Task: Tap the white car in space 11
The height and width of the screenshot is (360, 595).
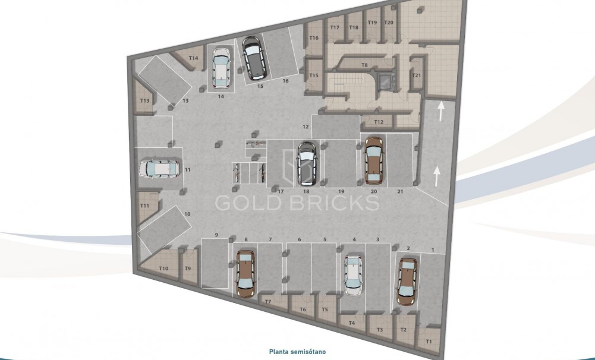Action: tap(159, 169)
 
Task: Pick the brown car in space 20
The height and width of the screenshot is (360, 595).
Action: tap(373, 159)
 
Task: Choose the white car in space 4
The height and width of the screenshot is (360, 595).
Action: tap(354, 274)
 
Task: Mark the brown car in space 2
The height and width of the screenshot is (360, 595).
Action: tap(407, 280)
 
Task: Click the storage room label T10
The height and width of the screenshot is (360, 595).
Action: tap(164, 269)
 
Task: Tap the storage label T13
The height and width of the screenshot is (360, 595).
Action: tap(144, 101)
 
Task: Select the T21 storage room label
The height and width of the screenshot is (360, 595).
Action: tap(417, 75)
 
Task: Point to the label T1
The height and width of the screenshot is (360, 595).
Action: tap(429, 342)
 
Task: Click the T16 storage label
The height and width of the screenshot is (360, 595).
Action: tap(314, 38)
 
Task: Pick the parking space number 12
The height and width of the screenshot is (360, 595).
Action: tap(306, 127)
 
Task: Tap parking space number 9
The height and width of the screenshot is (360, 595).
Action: tap(216, 235)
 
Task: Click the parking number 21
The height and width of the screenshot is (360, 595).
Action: tap(400, 191)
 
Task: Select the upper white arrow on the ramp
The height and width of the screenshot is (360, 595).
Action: tap(440, 109)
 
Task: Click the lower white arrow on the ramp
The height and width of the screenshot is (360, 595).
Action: tap(437, 175)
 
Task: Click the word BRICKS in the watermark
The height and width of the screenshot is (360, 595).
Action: tap(335, 203)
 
